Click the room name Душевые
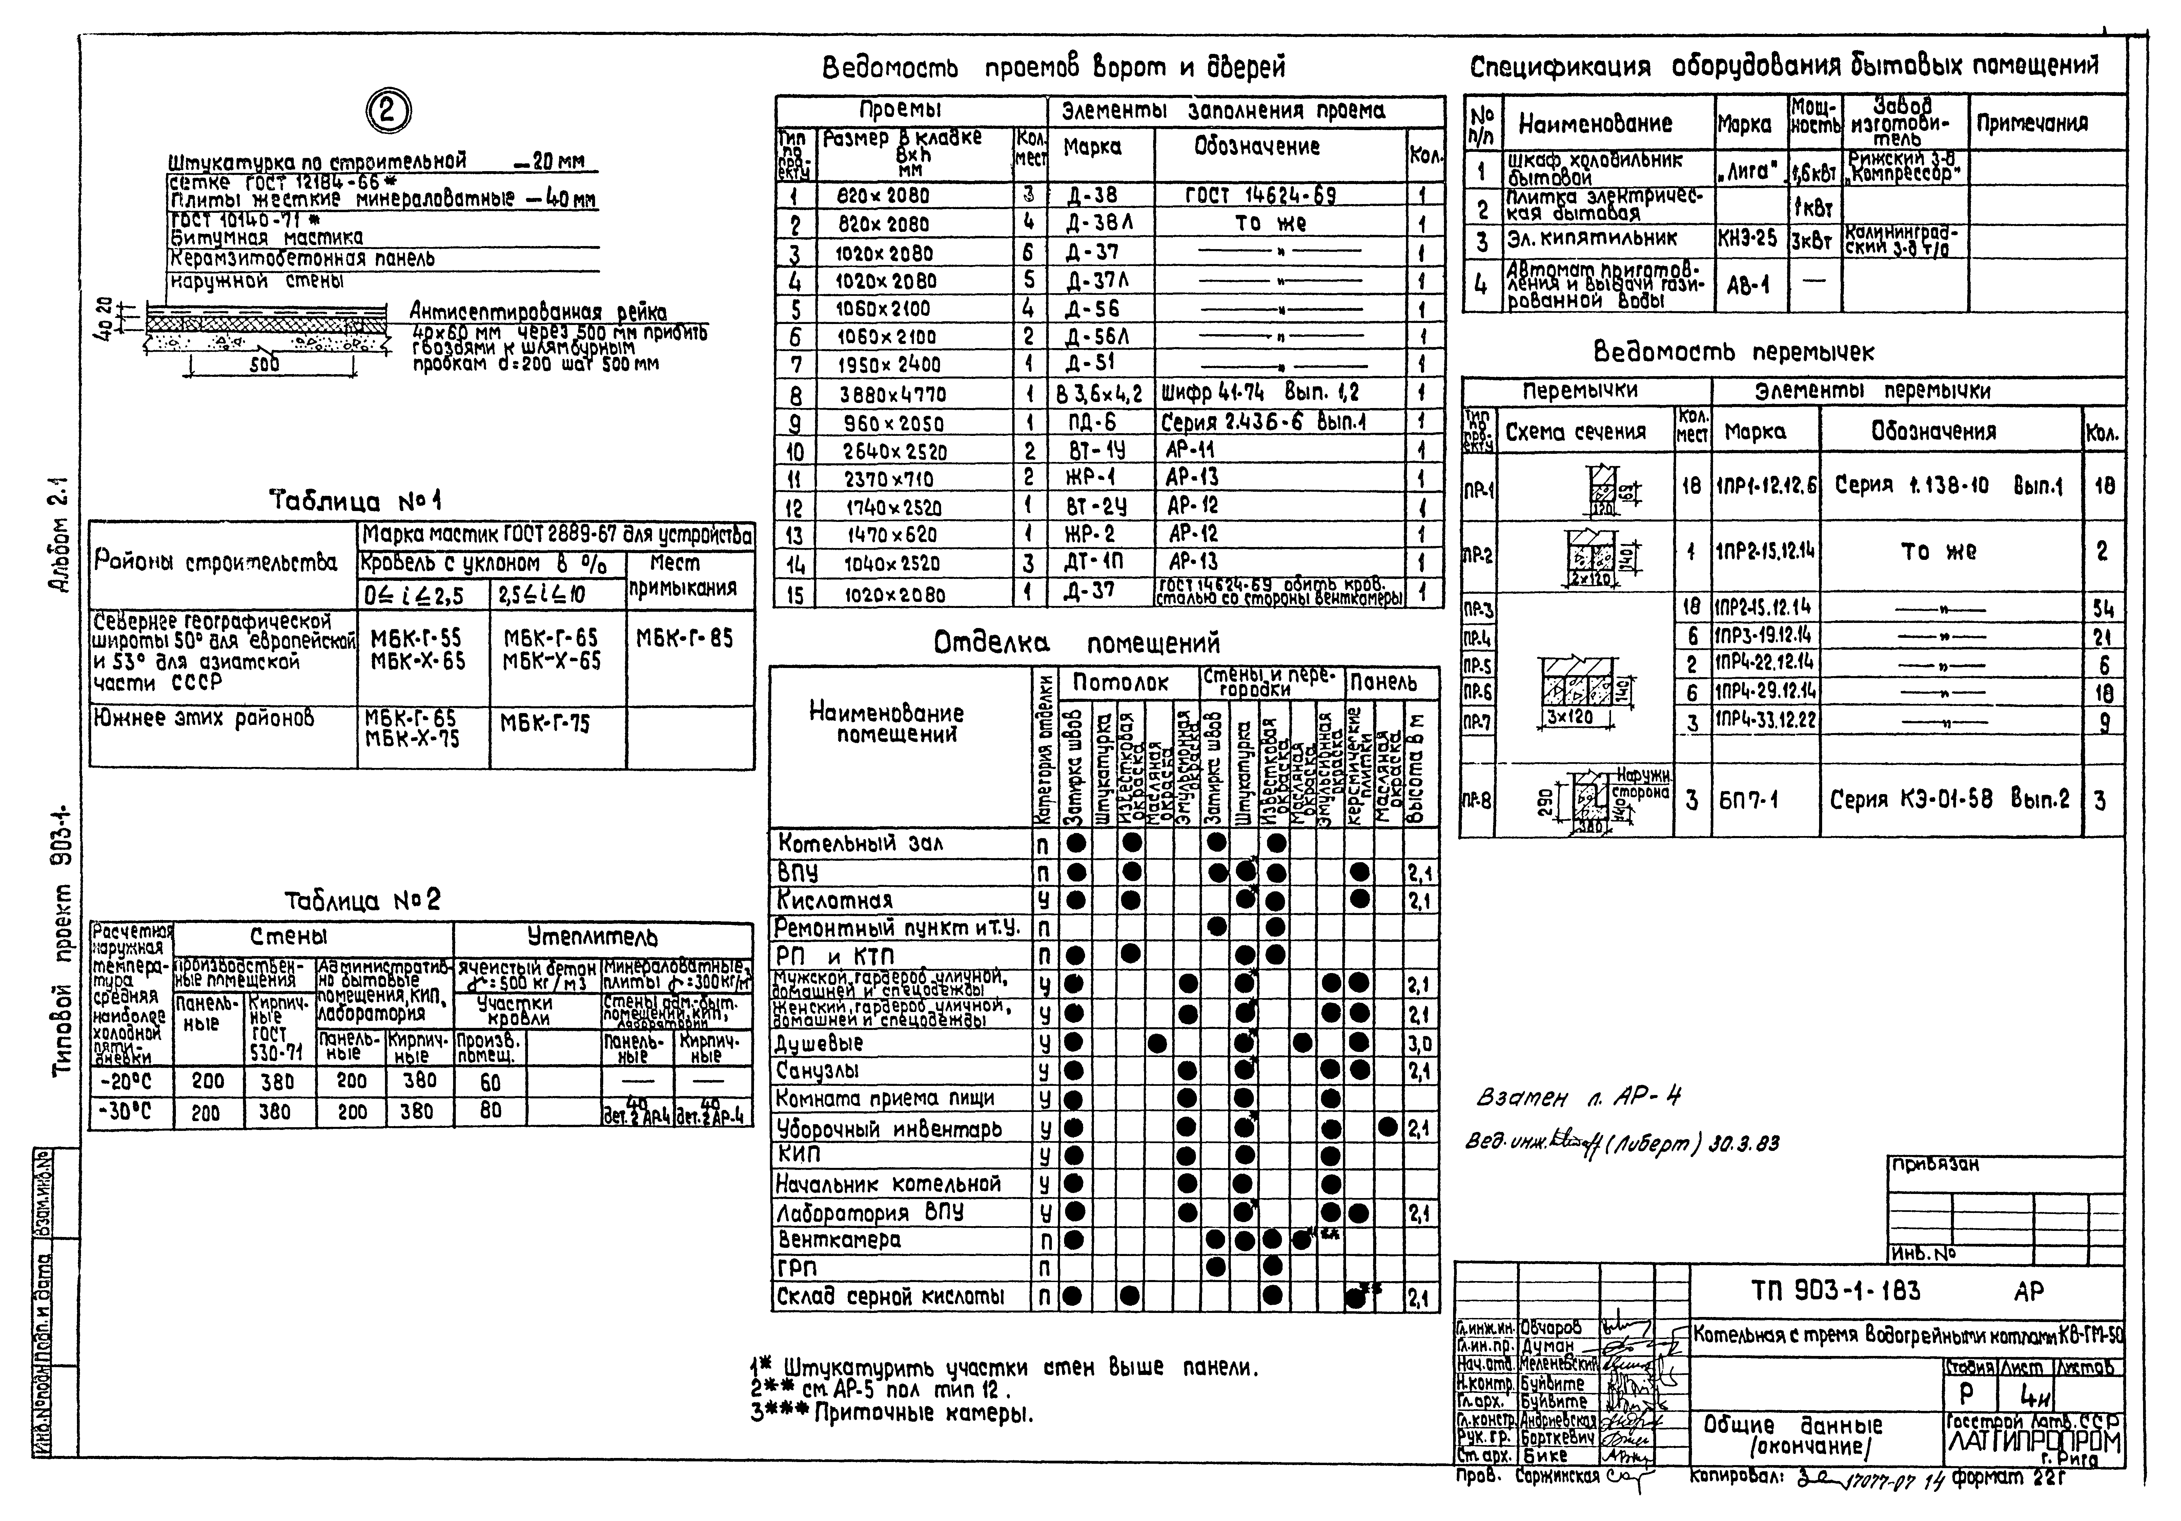tap(820, 1042)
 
